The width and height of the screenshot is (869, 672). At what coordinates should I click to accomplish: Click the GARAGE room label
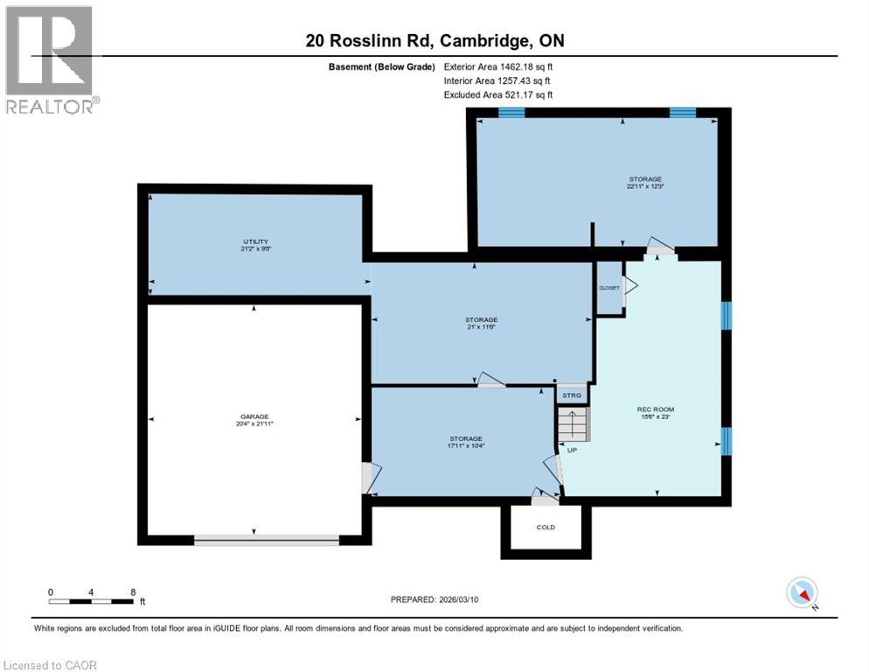click(255, 416)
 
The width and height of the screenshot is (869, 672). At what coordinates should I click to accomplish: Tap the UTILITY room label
click(255, 241)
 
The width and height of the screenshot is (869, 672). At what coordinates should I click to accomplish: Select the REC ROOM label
click(656, 409)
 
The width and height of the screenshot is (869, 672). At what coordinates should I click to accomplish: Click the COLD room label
click(546, 528)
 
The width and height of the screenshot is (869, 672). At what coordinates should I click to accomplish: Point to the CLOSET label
click(608, 288)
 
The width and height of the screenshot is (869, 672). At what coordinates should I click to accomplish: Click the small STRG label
click(572, 395)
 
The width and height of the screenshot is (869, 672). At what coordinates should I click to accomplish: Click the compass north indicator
click(802, 592)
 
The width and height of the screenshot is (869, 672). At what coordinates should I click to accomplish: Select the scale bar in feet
click(92, 600)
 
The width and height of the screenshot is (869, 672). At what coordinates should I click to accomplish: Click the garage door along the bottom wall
click(266, 541)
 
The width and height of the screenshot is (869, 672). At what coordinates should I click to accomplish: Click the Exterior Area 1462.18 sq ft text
click(498, 66)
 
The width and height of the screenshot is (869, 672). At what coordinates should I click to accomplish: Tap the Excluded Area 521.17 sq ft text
click(498, 95)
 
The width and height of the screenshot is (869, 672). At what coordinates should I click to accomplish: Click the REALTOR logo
click(51, 59)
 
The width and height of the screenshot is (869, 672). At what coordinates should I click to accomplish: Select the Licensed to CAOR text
click(51, 665)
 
